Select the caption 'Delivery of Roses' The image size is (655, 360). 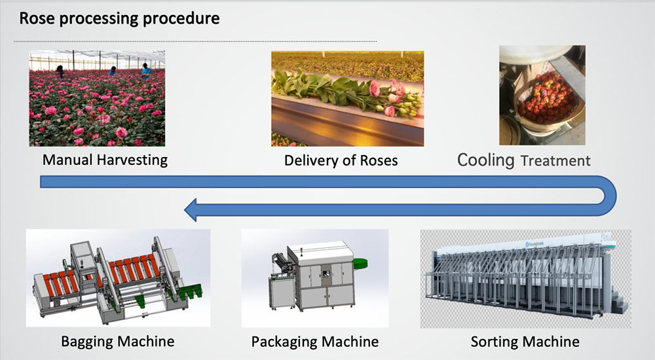341,160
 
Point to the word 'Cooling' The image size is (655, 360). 485,160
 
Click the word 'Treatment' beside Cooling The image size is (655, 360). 555,161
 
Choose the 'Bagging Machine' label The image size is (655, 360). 118,341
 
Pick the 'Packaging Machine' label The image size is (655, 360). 315,341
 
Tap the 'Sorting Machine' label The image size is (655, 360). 525,341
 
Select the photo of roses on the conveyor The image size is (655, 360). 347,98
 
